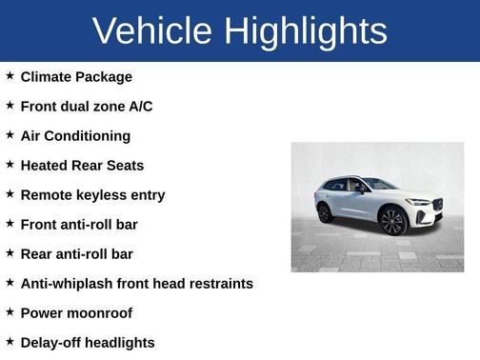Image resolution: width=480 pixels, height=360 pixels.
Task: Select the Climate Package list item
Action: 76,77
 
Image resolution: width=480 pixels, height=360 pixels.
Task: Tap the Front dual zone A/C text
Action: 86,107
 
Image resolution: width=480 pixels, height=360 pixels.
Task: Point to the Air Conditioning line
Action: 75,136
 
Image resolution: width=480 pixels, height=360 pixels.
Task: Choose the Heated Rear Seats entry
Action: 82,166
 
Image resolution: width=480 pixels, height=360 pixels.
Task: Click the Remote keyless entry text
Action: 92,195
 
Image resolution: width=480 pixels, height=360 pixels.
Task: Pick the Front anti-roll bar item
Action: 79,225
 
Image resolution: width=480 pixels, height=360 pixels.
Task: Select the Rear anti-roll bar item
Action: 76,254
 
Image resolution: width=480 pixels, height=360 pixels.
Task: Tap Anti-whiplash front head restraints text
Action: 136,284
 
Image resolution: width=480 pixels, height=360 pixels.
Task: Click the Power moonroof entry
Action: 76,313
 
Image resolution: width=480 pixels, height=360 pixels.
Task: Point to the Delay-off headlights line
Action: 87,343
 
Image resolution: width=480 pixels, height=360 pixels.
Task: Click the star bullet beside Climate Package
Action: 10,76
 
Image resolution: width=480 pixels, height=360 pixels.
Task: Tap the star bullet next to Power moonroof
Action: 10,312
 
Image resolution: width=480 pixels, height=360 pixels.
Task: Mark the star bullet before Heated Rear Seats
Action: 10,165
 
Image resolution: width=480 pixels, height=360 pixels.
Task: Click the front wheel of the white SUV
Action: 392,221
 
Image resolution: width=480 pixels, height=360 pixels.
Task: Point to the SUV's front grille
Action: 437,205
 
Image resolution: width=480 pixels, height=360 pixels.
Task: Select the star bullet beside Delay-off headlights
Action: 10,342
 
